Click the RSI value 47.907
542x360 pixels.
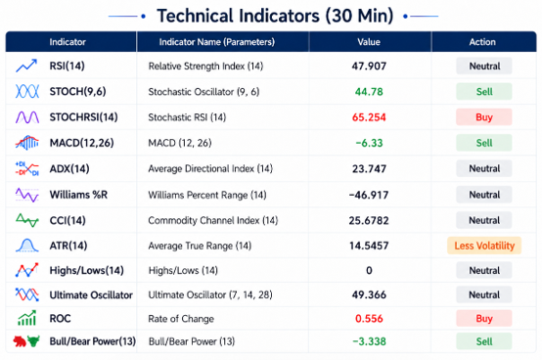[369, 66]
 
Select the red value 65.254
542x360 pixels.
[369, 117]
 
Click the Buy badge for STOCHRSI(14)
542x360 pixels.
[484, 117]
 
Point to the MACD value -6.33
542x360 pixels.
[369, 143]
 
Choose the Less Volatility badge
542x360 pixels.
[484, 246]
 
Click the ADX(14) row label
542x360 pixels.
[69, 169]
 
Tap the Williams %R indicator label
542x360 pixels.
[78, 195]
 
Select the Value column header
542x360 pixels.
[369, 42]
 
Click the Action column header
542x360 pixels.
[482, 42]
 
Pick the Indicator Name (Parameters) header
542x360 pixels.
[217, 42]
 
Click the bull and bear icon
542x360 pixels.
[26, 341]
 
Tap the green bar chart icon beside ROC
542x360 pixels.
[26, 318]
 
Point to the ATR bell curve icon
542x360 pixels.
[27, 246]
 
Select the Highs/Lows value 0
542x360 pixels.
[369, 270]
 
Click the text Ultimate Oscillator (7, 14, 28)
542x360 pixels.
[210, 295]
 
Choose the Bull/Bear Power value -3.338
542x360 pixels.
[369, 341]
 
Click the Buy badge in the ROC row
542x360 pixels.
[484, 318]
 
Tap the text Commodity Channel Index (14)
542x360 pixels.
[213, 220]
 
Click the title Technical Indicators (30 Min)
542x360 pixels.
[275, 16]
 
